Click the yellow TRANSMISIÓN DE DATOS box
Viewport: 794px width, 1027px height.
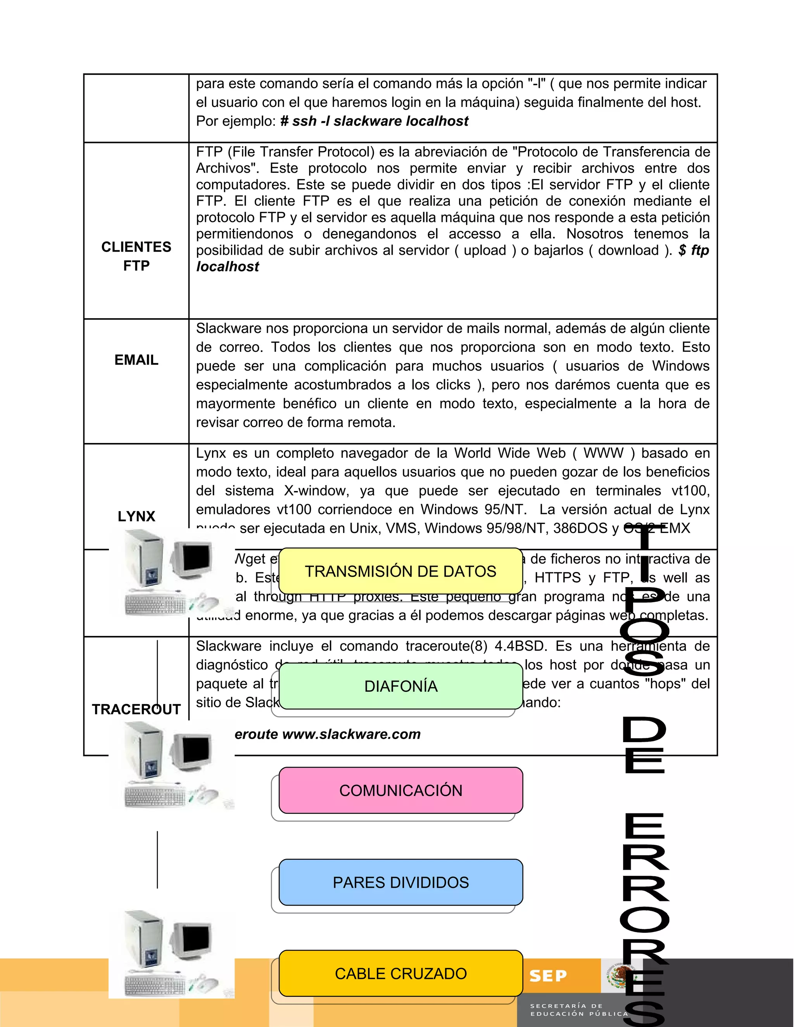(x=401, y=571)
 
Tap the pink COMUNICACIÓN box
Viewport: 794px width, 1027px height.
(x=401, y=791)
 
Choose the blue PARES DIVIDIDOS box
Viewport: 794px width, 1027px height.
(x=401, y=882)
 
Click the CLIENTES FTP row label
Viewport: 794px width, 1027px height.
(x=136, y=256)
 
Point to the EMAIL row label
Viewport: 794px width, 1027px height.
(x=136, y=360)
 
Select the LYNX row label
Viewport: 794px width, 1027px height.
(x=136, y=516)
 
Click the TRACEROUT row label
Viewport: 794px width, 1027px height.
(x=136, y=709)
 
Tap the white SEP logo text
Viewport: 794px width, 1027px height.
(x=548, y=976)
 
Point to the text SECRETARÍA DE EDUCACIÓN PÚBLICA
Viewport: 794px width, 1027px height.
(x=578, y=1010)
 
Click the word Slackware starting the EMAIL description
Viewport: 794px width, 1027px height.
(x=229, y=328)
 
